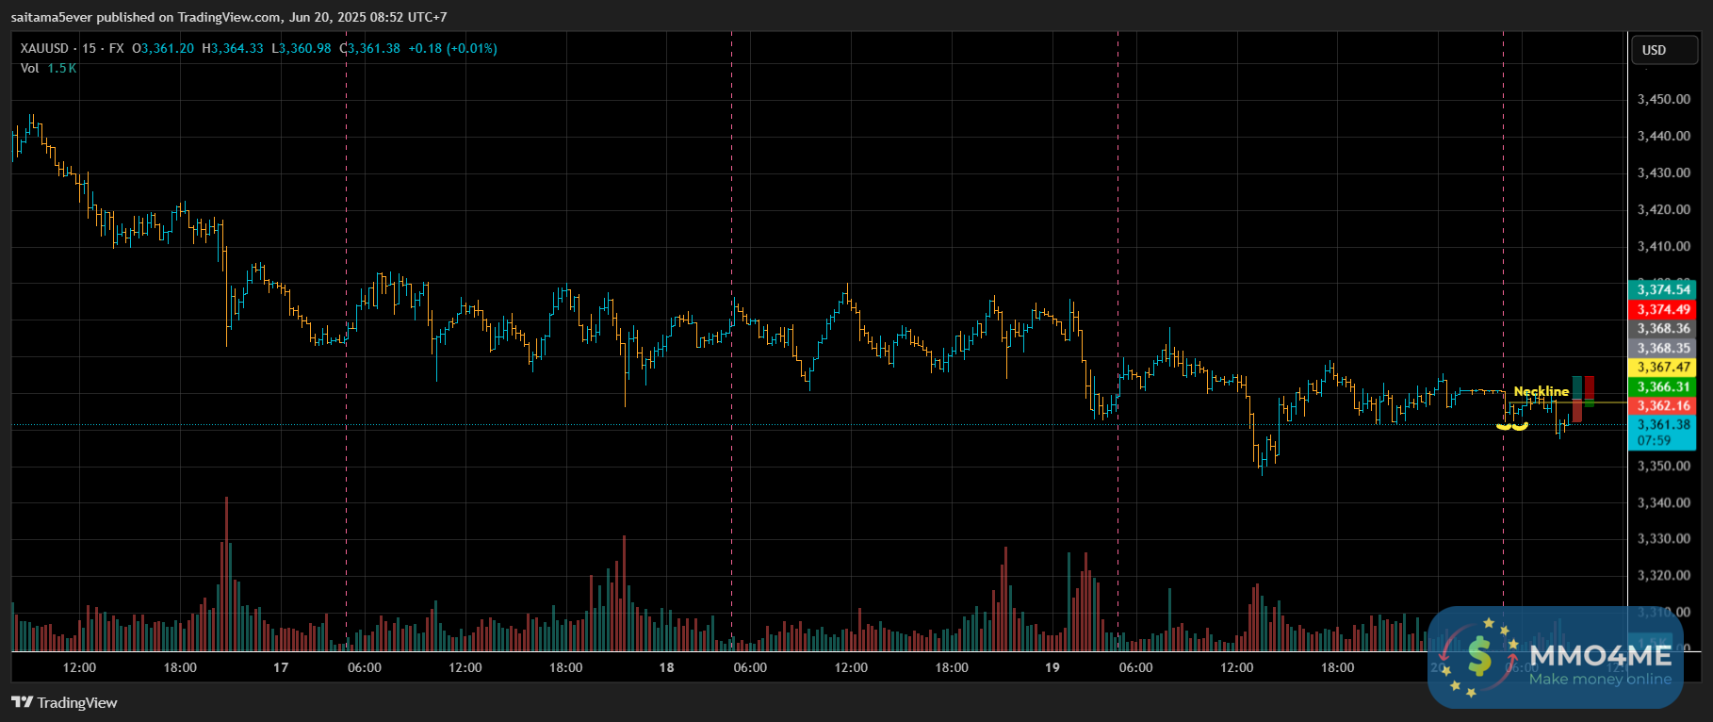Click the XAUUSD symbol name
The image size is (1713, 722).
(x=44, y=48)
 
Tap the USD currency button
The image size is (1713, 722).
(x=1654, y=50)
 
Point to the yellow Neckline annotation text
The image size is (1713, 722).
(x=1541, y=391)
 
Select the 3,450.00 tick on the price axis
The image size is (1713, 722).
(x=1663, y=99)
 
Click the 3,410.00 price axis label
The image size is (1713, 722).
(x=1663, y=246)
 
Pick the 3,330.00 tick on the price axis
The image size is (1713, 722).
(x=1663, y=539)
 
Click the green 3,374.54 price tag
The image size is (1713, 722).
(x=1663, y=289)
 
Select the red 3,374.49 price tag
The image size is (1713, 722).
(x=1663, y=309)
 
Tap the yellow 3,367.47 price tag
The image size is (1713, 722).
(x=1663, y=368)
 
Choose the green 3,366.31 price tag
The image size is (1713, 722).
(x=1663, y=386)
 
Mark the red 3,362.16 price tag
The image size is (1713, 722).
(x=1663, y=406)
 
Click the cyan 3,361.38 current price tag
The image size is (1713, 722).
(x=1663, y=425)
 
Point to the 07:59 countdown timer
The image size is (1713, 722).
(x=1654, y=440)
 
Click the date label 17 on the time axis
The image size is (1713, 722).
(x=281, y=667)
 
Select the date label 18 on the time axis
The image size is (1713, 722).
(x=666, y=667)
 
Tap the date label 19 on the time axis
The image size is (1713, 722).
(x=1052, y=667)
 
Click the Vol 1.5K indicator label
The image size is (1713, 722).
(x=48, y=68)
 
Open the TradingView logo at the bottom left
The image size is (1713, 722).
(x=64, y=702)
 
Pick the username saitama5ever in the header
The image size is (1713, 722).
(x=52, y=17)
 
